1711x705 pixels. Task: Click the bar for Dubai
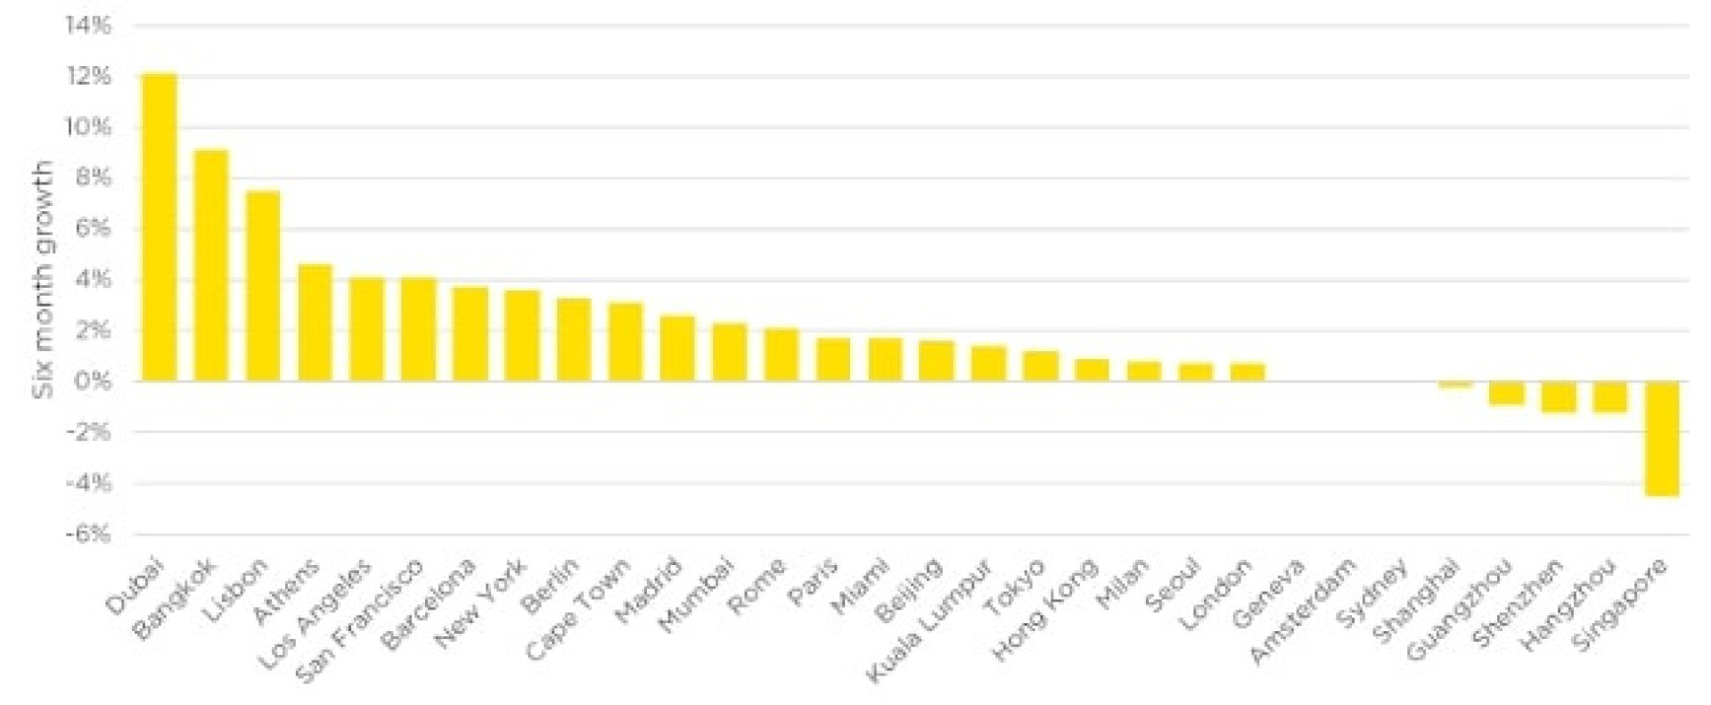160,227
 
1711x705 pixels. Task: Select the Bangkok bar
211,266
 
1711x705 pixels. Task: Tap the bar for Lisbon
263,286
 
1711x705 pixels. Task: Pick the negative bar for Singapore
1662,438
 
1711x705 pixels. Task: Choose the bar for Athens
315,323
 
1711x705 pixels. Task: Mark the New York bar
521,336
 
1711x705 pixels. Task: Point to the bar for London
1248,373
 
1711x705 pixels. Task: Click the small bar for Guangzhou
1506,392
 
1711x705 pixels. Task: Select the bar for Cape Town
625,342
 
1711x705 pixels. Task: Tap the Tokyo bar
1040,366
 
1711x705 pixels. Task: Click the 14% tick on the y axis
88,26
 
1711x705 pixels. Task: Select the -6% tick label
88,535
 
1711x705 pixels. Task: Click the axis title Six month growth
43,279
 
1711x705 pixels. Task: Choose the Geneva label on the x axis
1270,593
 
